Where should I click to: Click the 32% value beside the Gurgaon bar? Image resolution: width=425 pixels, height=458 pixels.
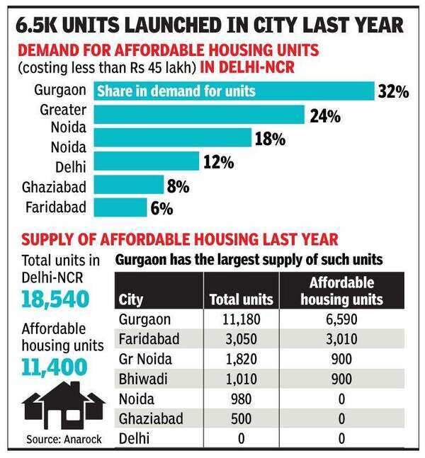click(393, 92)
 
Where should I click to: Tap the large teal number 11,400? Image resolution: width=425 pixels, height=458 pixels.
click(55, 366)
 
